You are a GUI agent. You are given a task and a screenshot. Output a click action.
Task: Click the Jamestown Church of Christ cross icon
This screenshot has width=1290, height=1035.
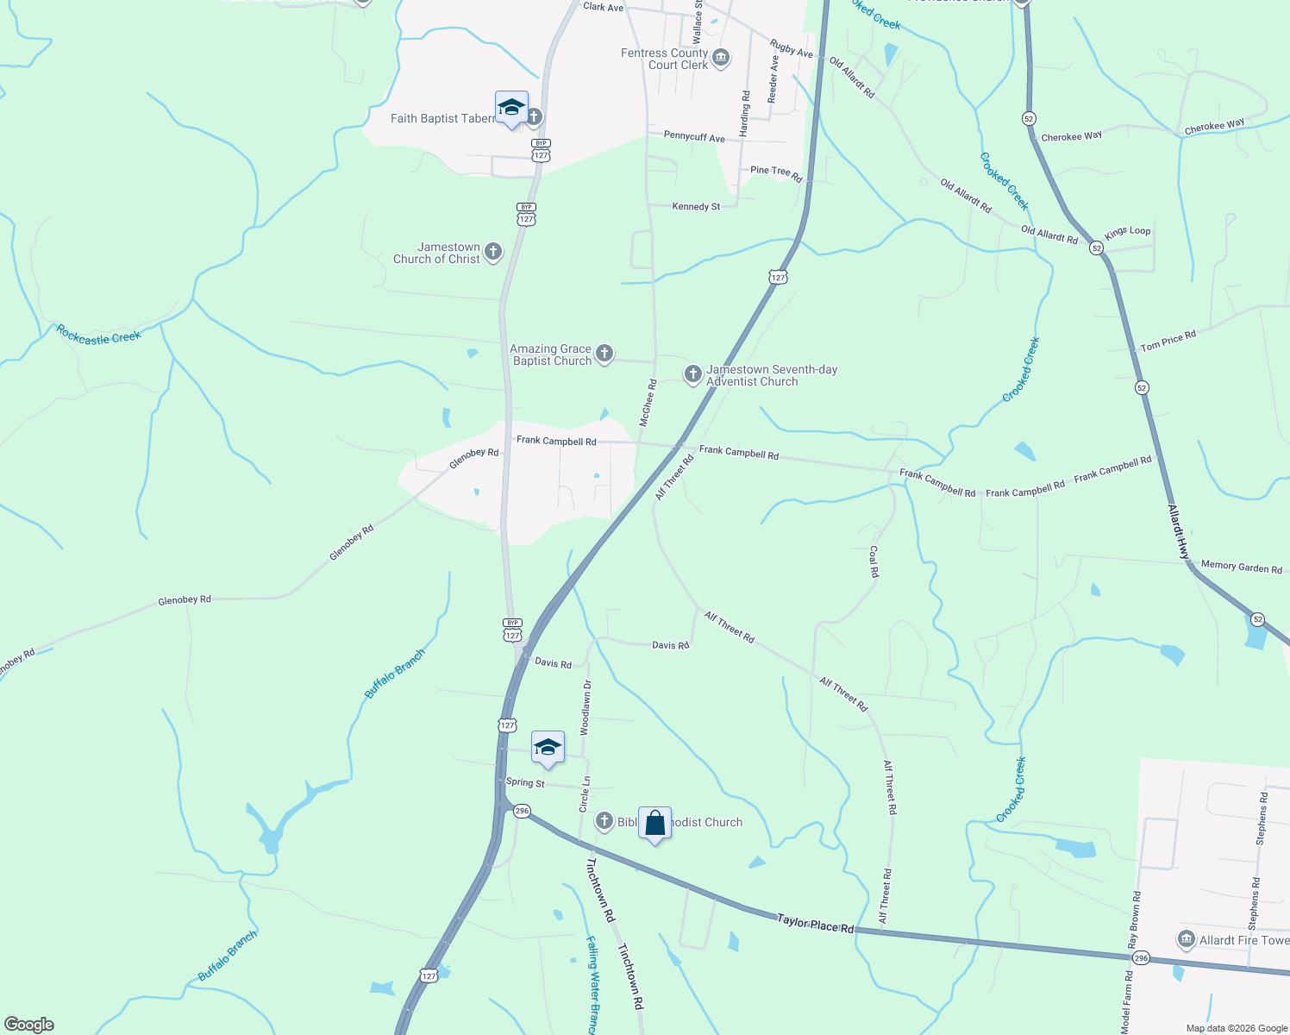[x=492, y=252]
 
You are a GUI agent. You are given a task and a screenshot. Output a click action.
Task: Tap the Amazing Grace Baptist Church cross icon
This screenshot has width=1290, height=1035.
[x=604, y=353]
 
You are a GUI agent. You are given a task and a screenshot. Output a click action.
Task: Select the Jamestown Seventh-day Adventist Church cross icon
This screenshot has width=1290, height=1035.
[x=692, y=374]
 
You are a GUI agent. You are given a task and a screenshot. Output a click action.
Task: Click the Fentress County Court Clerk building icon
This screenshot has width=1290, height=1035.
[x=722, y=59]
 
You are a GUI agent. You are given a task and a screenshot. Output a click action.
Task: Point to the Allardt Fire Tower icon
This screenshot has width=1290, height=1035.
[x=1186, y=939]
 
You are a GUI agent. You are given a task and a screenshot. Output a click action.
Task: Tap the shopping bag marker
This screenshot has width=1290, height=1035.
[x=654, y=825]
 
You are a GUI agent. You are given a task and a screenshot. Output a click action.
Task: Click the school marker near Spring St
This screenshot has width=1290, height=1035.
[x=547, y=749]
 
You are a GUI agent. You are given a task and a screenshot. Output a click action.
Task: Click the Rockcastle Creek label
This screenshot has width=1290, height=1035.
[x=98, y=335]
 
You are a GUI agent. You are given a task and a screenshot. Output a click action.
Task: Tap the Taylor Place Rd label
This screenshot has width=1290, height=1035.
[x=815, y=924]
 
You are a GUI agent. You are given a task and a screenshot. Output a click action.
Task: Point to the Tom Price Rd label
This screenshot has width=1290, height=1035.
[x=1168, y=341]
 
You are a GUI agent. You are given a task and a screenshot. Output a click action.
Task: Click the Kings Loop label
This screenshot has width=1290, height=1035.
[x=1127, y=232]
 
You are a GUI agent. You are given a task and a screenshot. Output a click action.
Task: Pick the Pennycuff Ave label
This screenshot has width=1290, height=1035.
[x=694, y=136]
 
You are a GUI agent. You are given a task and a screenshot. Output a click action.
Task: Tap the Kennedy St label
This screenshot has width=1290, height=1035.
[x=696, y=206]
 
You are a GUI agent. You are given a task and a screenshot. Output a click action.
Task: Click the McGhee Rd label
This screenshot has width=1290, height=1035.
[x=648, y=403]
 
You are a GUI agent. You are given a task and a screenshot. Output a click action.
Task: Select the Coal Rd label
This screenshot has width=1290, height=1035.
[x=874, y=561]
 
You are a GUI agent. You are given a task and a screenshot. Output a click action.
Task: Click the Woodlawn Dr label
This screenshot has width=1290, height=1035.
[x=586, y=707]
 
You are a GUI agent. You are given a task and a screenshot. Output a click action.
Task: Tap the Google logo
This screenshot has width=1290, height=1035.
[x=28, y=1025]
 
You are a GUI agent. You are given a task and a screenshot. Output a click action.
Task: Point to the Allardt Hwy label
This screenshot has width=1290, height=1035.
[x=1178, y=532]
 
